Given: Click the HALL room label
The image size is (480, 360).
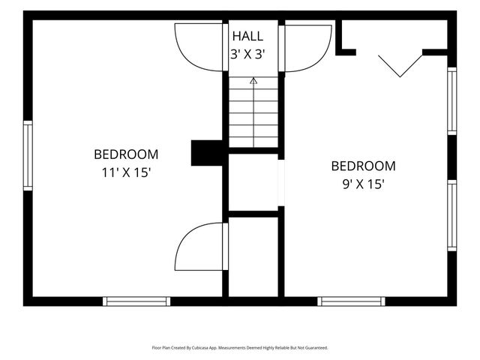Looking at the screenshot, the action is pyautogui.click(x=247, y=36).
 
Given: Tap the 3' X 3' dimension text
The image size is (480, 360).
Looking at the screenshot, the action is pyautogui.click(x=247, y=55).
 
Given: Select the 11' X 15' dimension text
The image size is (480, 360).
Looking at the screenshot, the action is pyautogui.click(x=126, y=172).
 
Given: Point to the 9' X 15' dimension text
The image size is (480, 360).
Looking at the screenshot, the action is pyautogui.click(x=363, y=184).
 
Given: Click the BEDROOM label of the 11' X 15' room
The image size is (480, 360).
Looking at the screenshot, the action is pyautogui.click(x=126, y=154).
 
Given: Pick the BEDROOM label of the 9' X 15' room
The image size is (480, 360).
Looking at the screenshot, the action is pyautogui.click(x=363, y=166).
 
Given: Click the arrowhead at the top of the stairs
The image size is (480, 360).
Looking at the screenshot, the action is pyautogui.click(x=253, y=80).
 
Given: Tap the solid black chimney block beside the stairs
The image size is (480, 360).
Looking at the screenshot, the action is pyautogui.click(x=207, y=153).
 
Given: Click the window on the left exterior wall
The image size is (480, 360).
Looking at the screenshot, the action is pyautogui.click(x=28, y=155).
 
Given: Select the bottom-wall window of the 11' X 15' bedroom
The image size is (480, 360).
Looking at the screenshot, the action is pyautogui.click(x=136, y=301).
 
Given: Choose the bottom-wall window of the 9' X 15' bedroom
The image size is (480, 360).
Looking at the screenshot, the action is pyautogui.click(x=352, y=301).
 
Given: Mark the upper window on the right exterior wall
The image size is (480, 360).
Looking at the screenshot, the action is pyautogui.click(x=452, y=101).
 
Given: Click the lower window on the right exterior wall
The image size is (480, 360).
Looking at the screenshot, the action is pyautogui.click(x=452, y=215).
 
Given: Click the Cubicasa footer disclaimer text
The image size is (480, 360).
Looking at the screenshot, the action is pyautogui.click(x=240, y=348).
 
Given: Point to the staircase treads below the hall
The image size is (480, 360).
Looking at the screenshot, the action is pyautogui.click(x=253, y=112).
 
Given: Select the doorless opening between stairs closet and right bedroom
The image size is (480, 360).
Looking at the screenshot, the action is pyautogui.click(x=281, y=183).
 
